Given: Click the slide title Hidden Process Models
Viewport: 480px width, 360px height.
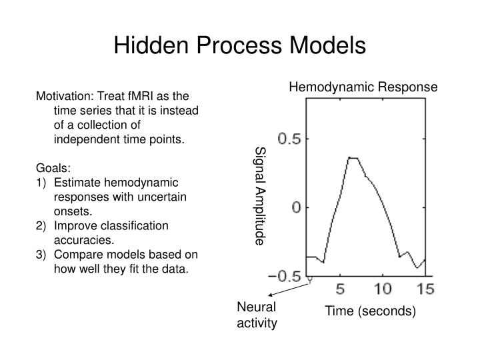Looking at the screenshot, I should (239, 45).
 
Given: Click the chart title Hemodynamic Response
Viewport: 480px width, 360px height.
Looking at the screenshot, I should (363, 87).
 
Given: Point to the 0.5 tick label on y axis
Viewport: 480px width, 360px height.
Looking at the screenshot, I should (289, 139).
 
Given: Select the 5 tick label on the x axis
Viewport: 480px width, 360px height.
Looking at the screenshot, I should (340, 289).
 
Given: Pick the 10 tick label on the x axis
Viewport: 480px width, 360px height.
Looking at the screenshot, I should (383, 289).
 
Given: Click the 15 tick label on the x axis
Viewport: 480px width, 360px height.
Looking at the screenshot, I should (424, 289).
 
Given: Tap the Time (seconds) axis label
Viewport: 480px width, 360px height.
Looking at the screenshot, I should (370, 311).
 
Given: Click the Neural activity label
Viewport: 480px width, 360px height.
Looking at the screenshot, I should (256, 315).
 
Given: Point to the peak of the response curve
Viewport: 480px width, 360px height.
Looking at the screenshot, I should (353, 158).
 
